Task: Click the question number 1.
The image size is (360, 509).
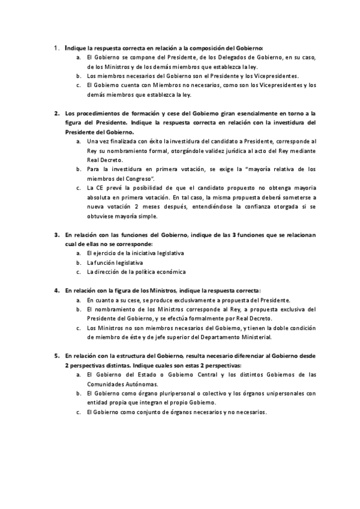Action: pyautogui.click(x=55, y=47)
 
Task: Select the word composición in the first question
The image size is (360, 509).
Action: pyautogui.click(x=206, y=47)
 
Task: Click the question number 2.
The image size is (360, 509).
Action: pyautogui.click(x=56, y=113)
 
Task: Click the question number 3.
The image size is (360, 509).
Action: pyautogui.click(x=56, y=235)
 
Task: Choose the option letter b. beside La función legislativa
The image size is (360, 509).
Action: pyautogui.click(x=79, y=263)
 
